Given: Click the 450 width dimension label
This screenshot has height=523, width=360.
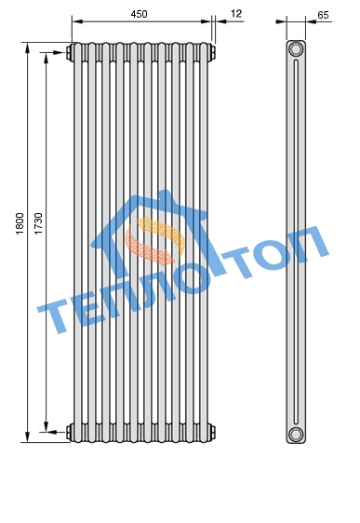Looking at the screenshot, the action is coord(139,14).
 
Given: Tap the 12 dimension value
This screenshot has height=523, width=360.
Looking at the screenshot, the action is coord(236,14).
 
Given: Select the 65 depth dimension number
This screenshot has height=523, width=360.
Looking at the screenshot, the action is coord(323,15).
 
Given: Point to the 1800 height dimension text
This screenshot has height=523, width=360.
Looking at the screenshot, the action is coord(20,223).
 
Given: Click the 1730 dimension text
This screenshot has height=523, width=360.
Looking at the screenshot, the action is coord(39,223).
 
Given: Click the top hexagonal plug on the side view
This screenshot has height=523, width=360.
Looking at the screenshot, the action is coord(296,49).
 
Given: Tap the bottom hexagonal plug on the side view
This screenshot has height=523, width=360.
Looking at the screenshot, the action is coord(296,434).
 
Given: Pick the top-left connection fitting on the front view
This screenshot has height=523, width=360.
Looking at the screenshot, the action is coord(70,52).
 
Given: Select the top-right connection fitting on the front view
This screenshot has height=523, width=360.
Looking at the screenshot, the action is coord(212,52).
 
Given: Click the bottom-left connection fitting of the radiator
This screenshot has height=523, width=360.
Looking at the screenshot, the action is coord(70,432).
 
